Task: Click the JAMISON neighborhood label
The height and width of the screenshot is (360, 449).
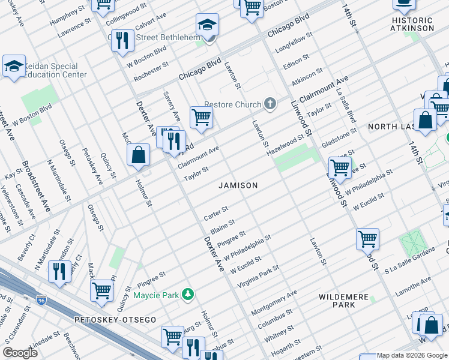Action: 238,185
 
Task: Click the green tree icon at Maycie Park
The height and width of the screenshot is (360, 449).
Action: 189,294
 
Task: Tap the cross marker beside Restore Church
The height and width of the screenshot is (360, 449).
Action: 270,104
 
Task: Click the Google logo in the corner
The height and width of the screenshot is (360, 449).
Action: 20,353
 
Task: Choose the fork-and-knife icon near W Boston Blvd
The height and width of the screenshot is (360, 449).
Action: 123,40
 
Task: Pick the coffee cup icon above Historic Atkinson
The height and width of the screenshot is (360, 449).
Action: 404,4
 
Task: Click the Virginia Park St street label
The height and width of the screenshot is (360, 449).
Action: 258,275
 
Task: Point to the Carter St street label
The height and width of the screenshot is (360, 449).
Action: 215,213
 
